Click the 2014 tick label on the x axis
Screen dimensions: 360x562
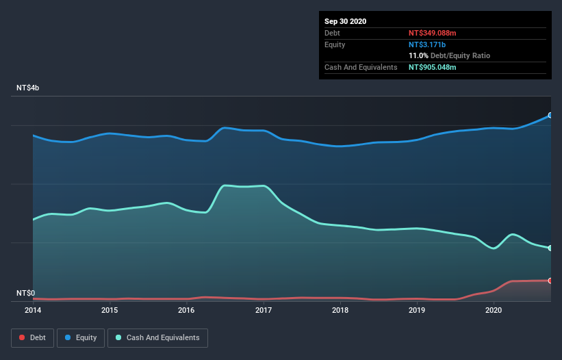pos(33,310)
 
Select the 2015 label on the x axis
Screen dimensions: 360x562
pos(110,310)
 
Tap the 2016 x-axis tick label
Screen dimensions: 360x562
pos(186,310)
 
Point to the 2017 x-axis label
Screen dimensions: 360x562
pos(264,310)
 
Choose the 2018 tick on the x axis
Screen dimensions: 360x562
pos(340,310)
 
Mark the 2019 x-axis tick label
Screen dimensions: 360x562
pos(417,310)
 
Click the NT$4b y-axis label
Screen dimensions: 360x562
pos(29,88)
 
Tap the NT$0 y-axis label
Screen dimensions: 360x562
pos(26,293)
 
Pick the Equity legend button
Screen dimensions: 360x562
pos(81,337)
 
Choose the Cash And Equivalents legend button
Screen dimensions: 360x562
pos(157,337)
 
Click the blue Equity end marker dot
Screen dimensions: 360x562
pos(550,115)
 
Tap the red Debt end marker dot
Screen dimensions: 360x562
pos(550,281)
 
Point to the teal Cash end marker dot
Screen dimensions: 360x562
pos(550,248)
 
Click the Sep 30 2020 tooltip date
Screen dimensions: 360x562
pos(346,21)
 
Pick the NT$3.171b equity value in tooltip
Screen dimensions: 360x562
pos(428,44)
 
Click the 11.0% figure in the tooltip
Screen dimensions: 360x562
pos(418,55)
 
